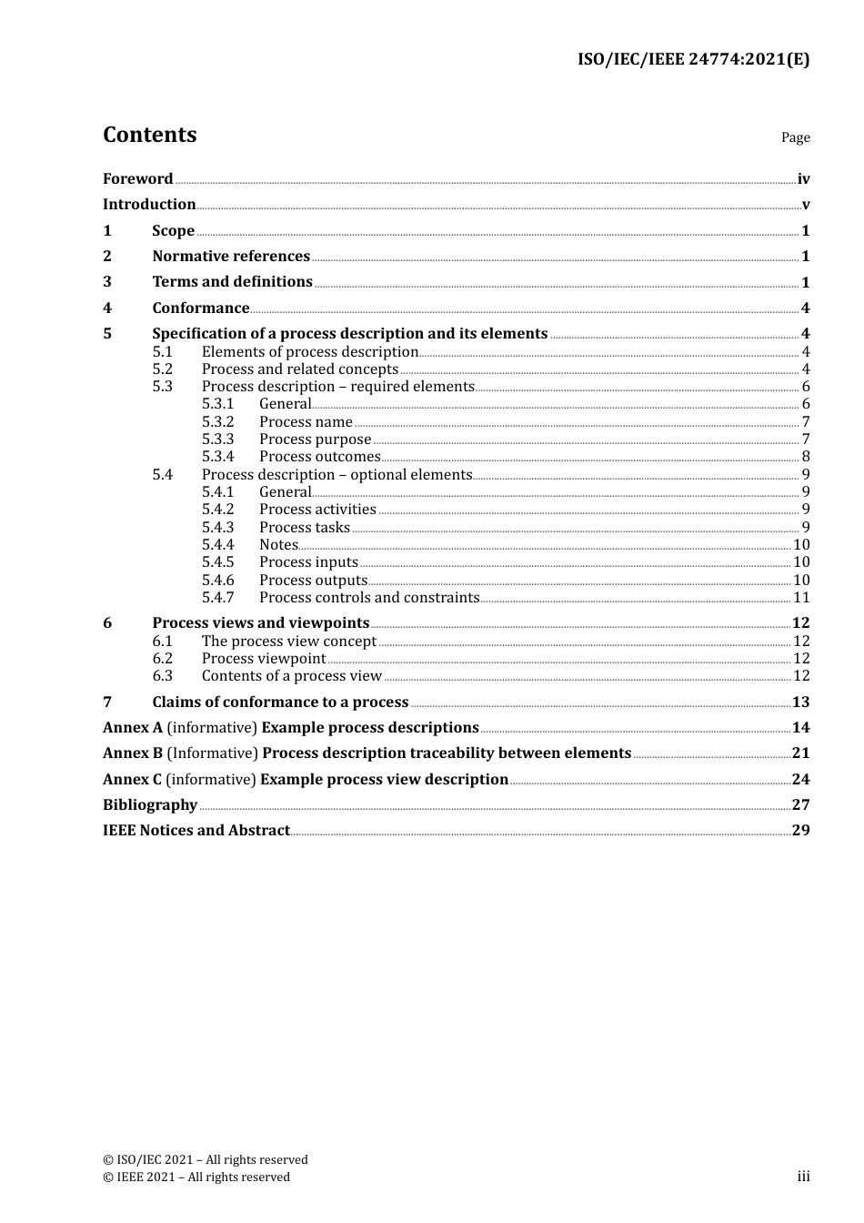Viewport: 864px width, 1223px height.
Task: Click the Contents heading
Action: [149, 135]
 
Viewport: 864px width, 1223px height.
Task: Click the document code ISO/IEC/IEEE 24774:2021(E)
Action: [693, 60]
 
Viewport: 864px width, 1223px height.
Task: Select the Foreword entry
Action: [137, 179]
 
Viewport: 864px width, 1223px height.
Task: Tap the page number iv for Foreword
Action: [803, 179]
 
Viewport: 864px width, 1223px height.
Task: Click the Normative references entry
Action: [231, 257]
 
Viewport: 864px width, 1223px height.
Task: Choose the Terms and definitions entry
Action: [232, 282]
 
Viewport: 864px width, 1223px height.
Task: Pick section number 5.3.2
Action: [217, 422]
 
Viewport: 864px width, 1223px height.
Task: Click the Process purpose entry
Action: [315, 440]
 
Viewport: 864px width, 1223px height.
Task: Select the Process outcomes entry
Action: [319, 457]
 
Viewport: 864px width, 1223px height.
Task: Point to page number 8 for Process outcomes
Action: [806, 457]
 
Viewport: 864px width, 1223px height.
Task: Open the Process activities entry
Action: [317, 510]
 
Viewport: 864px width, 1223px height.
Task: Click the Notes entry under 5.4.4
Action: [278, 545]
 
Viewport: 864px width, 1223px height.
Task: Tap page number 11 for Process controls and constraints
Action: [801, 598]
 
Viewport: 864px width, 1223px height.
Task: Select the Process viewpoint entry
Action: [263, 659]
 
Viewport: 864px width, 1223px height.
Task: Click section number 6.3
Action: [162, 676]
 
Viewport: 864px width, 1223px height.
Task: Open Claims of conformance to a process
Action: [280, 702]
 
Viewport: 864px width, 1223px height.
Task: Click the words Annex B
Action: [133, 753]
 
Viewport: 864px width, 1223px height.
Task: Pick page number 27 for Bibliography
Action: [800, 805]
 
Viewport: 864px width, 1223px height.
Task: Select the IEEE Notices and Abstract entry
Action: [196, 831]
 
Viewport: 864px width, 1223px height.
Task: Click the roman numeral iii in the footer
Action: [803, 1177]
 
